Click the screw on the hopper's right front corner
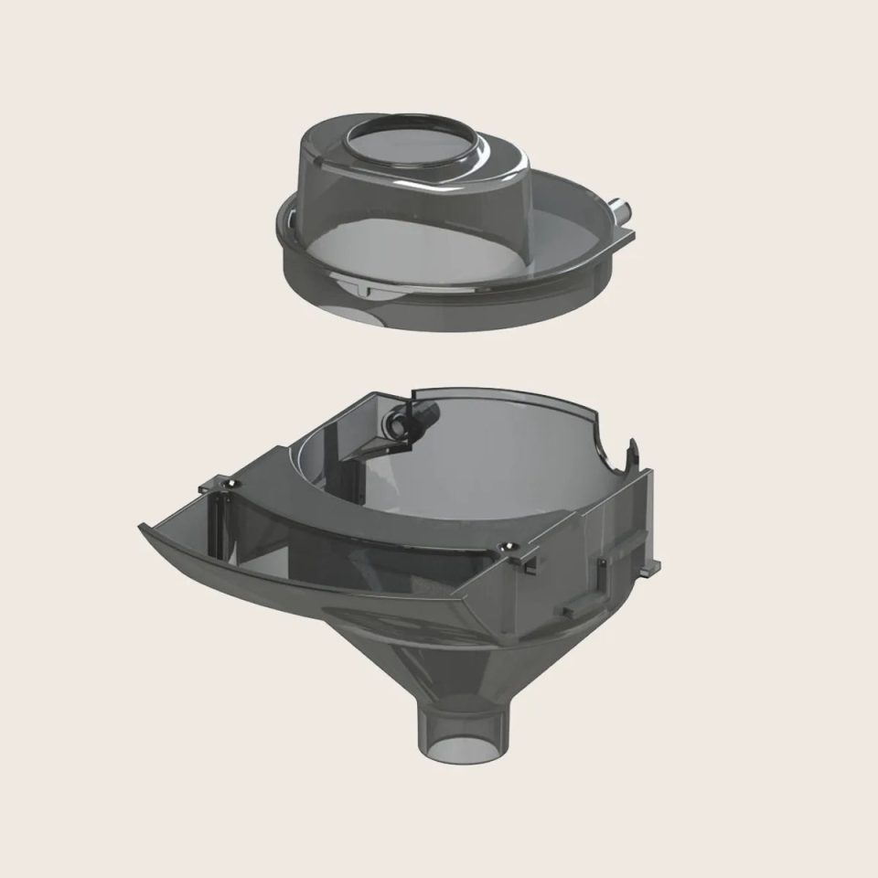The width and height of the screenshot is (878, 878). tap(504, 546)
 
